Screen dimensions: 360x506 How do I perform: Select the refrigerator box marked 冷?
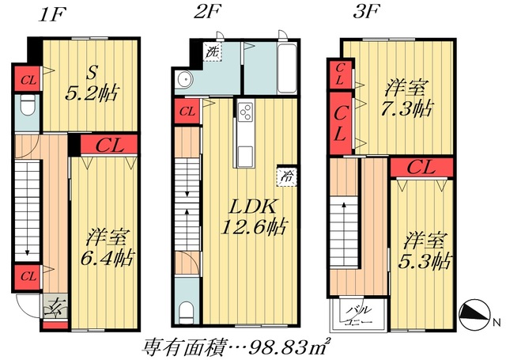[282, 176]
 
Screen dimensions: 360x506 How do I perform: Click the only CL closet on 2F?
[187, 111]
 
